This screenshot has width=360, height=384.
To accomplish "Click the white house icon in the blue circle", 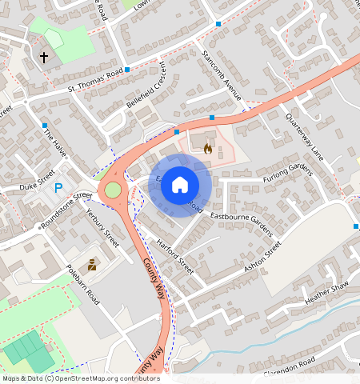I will click(x=180, y=185).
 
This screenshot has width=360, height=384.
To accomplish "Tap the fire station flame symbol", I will click(x=208, y=147).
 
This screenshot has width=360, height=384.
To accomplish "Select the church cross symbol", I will click(x=43, y=58).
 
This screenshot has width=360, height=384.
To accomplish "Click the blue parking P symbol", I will click(x=58, y=189).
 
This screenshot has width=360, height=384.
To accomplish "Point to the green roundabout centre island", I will click(x=113, y=190).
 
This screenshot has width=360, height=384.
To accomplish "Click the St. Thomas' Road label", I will click(x=96, y=79).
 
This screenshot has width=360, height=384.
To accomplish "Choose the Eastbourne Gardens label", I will click(x=240, y=219).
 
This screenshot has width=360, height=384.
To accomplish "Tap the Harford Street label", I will click(x=175, y=256).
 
